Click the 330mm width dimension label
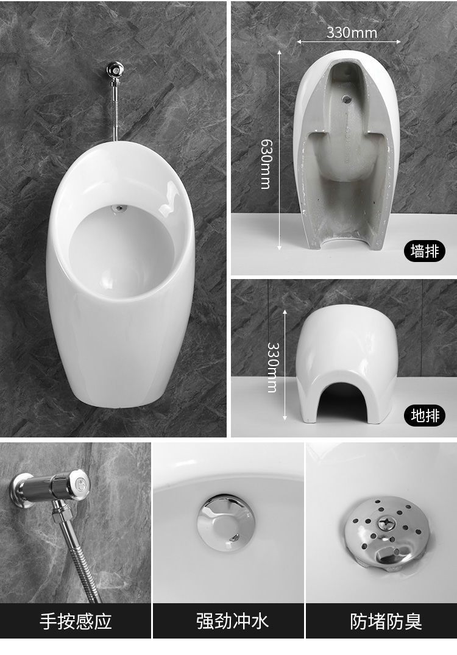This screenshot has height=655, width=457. click(352, 32)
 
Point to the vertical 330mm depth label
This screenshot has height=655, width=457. click(272, 367)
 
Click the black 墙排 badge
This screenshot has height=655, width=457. click(425, 251)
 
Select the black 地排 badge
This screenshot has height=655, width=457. click(425, 415)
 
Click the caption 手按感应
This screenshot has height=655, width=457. click(76, 621)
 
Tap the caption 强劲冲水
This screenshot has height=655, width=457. click(232, 621)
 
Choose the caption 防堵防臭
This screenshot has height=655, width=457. click(386, 621)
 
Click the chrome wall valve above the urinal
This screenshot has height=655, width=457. click(115, 69)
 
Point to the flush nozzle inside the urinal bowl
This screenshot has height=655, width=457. click(120, 207)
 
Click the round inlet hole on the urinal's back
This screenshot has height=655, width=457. click(346, 99)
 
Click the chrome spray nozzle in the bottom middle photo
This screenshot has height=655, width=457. click(225, 521)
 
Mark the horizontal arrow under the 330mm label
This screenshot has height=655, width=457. click(349, 42)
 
